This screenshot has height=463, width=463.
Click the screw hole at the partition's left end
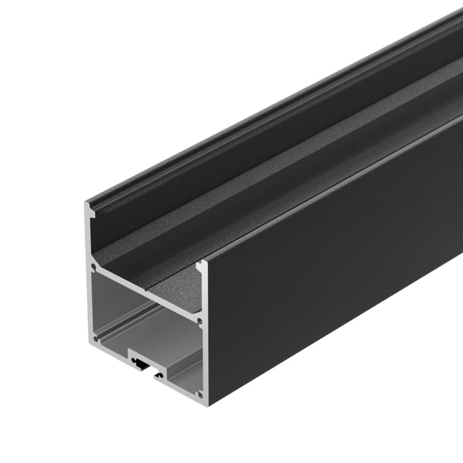93,268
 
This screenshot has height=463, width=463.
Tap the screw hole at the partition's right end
200,321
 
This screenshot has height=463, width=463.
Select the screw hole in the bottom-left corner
95,339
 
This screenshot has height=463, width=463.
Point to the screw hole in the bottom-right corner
200,395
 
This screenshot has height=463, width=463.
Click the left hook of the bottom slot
137,362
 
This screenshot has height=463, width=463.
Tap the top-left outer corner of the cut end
85,202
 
